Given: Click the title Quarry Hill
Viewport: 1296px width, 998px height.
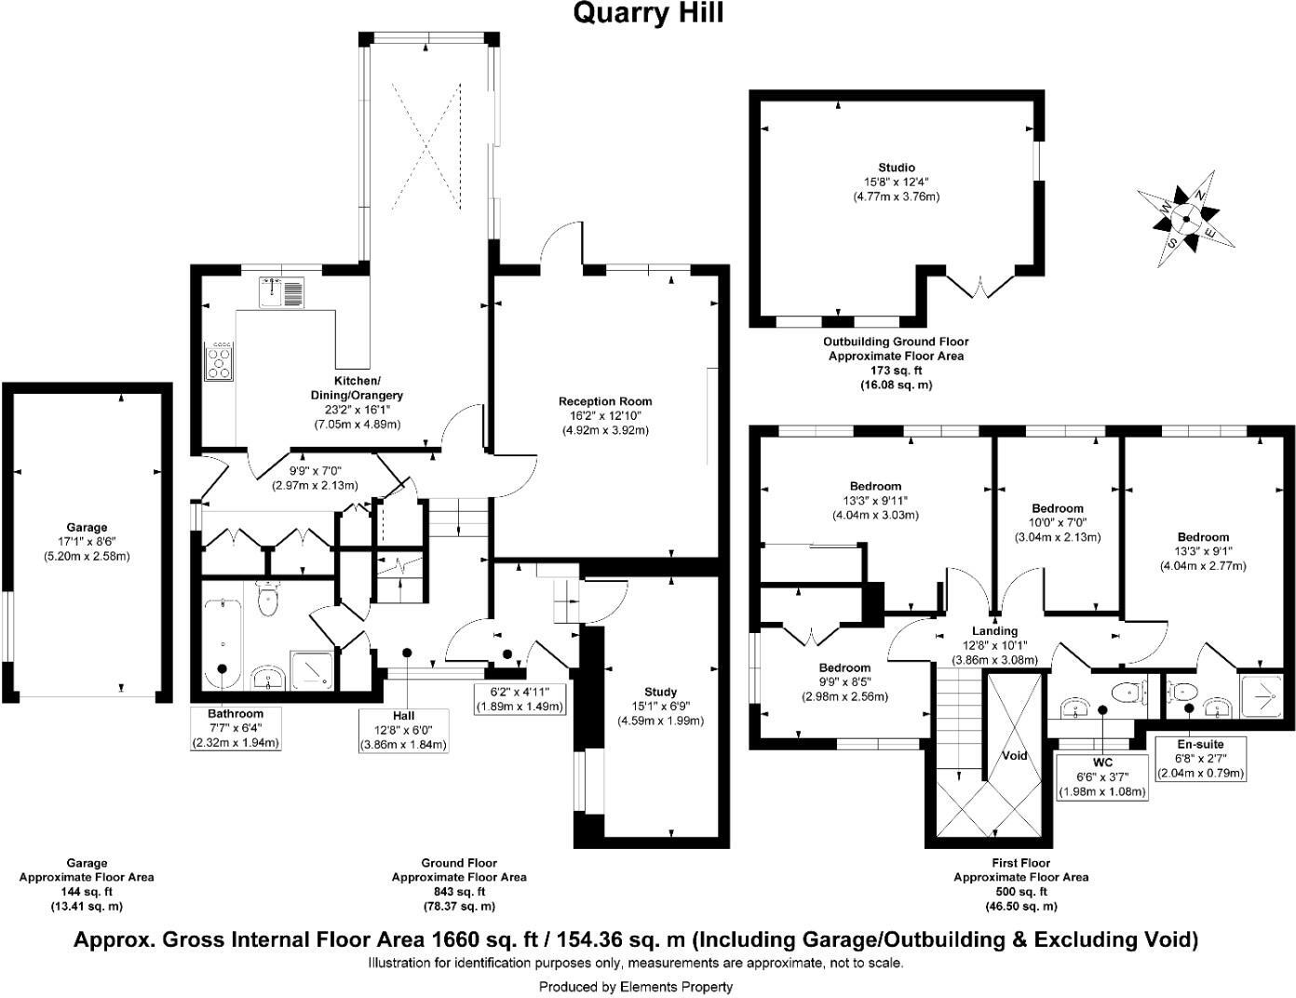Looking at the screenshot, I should pos(647,13).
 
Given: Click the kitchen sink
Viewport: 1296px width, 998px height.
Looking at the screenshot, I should pos(282,292).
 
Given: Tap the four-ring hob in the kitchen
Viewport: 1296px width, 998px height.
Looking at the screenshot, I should pos(220,362).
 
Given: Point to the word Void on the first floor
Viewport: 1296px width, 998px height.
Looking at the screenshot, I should pos(1014,755).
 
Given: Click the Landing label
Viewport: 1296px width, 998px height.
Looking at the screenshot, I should pos(994,631).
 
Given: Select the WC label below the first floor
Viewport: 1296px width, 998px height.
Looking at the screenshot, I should pos(1102,762).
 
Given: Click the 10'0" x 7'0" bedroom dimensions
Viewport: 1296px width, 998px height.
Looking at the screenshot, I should pos(1057,523).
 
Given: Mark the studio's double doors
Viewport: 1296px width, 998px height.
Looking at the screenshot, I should pos(977,285).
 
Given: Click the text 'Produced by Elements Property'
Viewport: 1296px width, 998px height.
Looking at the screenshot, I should pos(636,986).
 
